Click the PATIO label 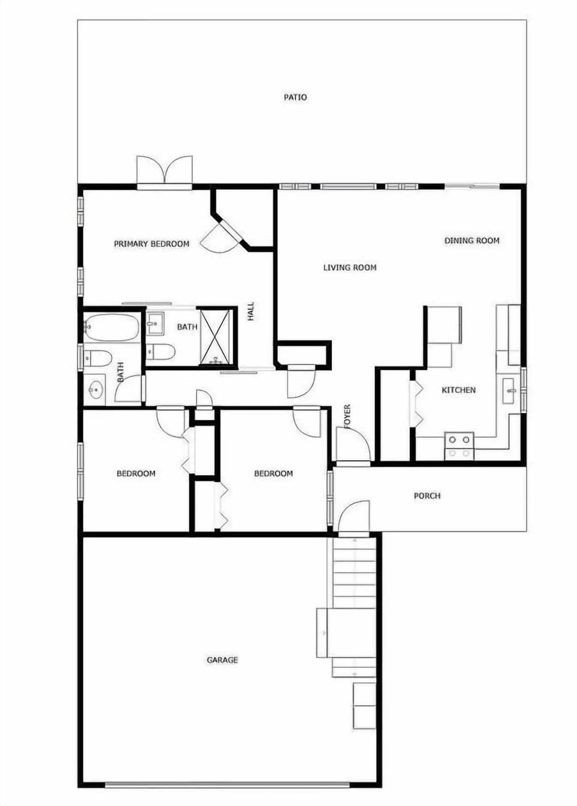click(295, 97)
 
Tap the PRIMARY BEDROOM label click(151, 244)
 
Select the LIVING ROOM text click(350, 268)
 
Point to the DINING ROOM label click(472, 241)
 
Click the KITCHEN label click(459, 390)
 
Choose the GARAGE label click(222, 660)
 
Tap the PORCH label click(427, 496)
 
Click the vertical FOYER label click(347, 417)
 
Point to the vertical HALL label click(251, 311)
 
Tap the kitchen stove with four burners click(459, 445)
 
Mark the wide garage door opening click(227, 784)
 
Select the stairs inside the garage click(355, 577)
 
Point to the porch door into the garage click(353, 518)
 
